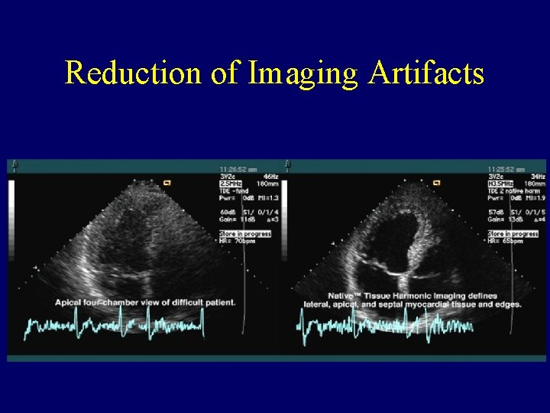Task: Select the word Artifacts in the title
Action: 426,73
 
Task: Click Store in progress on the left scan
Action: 244,233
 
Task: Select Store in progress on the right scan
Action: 513,233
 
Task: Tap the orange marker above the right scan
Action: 438,183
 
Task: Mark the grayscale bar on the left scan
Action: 11,218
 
